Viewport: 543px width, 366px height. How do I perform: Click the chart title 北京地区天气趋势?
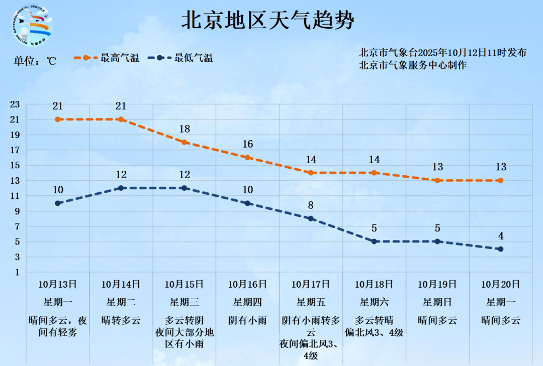267,21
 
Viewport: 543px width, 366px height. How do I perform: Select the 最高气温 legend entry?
107,58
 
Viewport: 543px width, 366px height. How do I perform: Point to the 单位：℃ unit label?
35,61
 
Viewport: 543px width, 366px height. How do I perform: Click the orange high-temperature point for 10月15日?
185,142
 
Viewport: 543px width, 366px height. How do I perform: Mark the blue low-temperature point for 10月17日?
311,218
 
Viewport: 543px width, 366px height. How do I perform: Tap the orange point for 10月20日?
501,180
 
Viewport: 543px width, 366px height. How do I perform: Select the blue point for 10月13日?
58,203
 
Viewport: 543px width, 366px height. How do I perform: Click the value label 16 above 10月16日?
247,145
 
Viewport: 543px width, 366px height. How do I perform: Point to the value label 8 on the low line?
311,205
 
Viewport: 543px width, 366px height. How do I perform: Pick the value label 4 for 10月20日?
501,236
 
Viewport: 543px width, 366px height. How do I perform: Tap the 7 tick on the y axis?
17,226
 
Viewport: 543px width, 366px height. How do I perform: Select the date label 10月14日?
121,284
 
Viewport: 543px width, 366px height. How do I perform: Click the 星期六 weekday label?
374,302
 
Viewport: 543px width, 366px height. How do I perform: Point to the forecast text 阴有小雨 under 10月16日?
247,320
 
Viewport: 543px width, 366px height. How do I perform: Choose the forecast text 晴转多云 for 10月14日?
121,320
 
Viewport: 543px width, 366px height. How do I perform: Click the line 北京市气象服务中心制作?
413,65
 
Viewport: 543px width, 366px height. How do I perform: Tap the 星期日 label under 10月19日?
437,302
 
